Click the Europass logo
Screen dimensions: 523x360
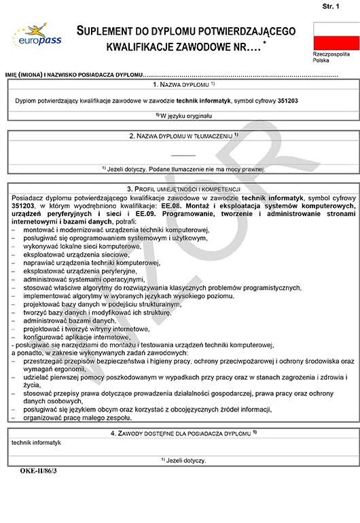pyautogui.click(x=37, y=36)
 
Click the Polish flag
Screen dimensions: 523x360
pyautogui.click(x=336, y=35)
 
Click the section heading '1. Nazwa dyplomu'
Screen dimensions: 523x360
pyautogui.click(x=183, y=84)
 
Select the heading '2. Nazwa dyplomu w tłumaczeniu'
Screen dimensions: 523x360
pyautogui.click(x=183, y=136)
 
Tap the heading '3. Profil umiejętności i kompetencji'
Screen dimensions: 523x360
pyautogui.click(x=183, y=188)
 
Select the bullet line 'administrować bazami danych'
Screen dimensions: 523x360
pyautogui.click(x=69, y=320)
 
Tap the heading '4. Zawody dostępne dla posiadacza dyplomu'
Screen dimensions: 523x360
pyautogui.click(x=183, y=433)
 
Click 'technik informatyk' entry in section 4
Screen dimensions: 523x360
pyautogui.click(x=37, y=443)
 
